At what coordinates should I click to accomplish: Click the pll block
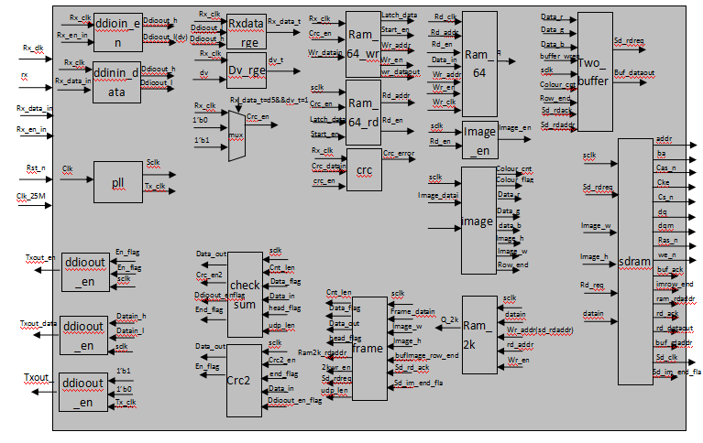pos(118,182)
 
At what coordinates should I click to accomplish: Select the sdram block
pos(634,261)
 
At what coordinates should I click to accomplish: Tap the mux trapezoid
pos(236,135)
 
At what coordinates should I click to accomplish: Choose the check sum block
pos(244,286)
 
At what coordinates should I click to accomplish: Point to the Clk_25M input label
pos(31,196)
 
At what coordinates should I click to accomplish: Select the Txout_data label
pos(38,323)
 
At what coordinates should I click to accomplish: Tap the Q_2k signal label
pos(448,319)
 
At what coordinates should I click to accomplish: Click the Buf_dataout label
pos(633,71)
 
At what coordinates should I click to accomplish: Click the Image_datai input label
pos(438,195)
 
